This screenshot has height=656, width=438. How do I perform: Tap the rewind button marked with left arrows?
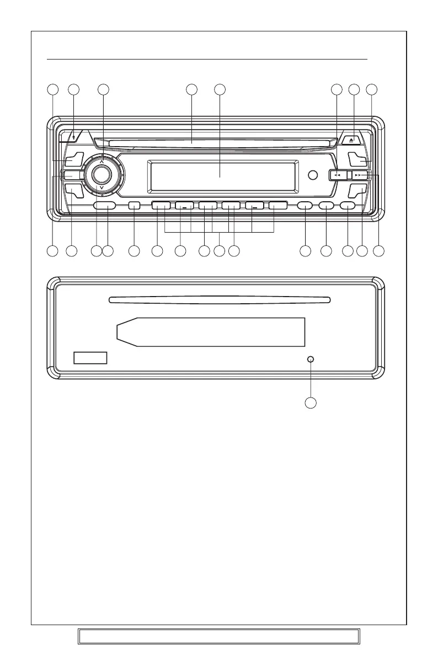[x=336, y=175]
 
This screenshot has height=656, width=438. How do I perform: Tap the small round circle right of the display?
[x=313, y=175]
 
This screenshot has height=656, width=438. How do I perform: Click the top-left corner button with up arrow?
[x=73, y=136]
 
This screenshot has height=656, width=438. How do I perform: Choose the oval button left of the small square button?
[x=105, y=206]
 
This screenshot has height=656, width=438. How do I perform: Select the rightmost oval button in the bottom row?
[x=348, y=206]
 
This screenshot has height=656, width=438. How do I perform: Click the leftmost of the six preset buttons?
[x=161, y=206]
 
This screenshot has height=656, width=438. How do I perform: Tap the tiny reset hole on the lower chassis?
[x=311, y=359]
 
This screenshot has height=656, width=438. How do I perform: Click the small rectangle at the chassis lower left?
[x=90, y=358]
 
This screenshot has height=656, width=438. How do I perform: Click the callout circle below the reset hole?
[x=311, y=404]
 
